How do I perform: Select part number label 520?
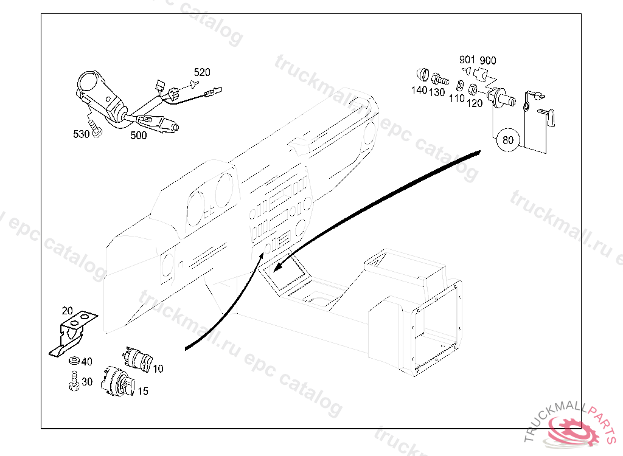pyautogui.click(x=202, y=72)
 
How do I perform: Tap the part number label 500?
pyautogui.click(x=139, y=136)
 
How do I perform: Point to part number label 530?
pyautogui.click(x=82, y=134)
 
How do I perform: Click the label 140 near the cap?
pyautogui.click(x=419, y=91)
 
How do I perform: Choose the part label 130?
pyautogui.click(x=437, y=92)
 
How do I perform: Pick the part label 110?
pyautogui.click(x=457, y=98)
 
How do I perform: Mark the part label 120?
pyautogui.click(x=475, y=103)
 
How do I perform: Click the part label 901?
pyautogui.click(x=467, y=60)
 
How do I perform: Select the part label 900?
pyautogui.click(x=487, y=60)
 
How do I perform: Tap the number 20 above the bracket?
pyautogui.click(x=67, y=311)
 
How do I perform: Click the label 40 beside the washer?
pyautogui.click(x=86, y=362)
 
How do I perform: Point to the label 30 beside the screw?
pyautogui.click(x=86, y=382)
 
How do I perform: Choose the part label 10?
pyautogui.click(x=158, y=368)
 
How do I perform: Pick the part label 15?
pyautogui.click(x=142, y=392)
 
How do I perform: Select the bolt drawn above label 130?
pyautogui.click(x=439, y=79)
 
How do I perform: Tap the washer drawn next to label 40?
pyautogui.click(x=74, y=361)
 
